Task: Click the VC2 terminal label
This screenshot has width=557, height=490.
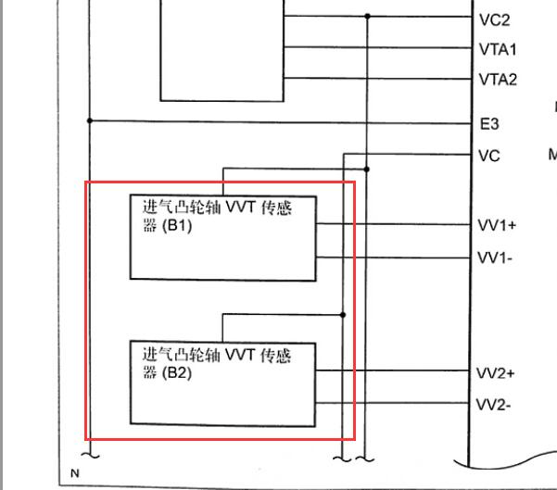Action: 494,19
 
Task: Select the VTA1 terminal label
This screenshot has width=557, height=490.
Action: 498,49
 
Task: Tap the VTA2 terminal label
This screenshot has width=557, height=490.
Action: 498,80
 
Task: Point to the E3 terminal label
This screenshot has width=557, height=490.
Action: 489,124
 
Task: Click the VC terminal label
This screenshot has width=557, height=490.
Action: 489,156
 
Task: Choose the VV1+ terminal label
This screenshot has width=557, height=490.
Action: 497,225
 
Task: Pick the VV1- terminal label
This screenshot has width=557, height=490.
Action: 495,258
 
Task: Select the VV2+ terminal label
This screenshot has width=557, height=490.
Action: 495,373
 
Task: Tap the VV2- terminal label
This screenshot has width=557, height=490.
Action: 493,405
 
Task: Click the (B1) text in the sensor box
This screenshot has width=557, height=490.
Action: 177,226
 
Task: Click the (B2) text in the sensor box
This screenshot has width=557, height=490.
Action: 177,372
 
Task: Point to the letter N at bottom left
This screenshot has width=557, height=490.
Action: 75,473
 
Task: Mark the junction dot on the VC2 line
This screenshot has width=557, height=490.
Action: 367,16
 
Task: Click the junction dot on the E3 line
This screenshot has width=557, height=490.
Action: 90,120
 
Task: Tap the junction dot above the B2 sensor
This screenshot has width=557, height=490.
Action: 343,315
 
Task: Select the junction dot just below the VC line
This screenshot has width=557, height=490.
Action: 367,170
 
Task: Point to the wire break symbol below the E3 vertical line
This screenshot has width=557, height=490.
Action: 91,455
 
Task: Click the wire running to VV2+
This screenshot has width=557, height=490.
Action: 392,371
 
